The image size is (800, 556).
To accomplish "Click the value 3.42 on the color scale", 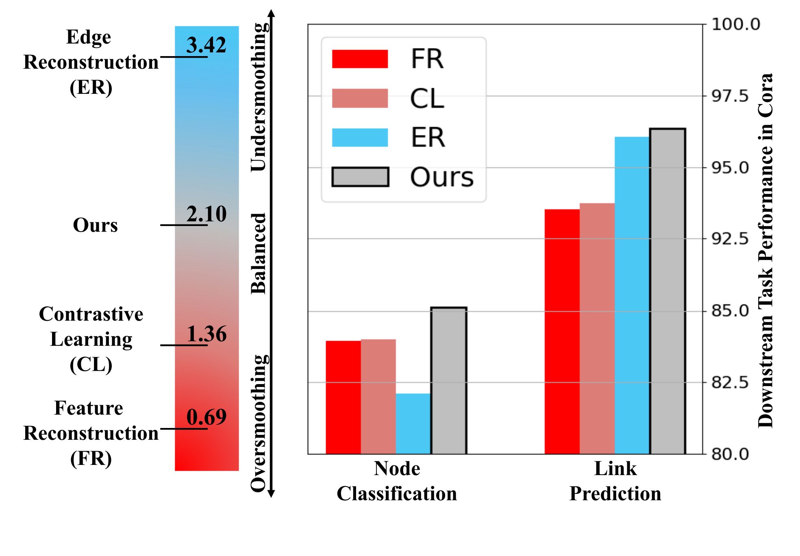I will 206,45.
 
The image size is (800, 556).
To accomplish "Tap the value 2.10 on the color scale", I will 206,214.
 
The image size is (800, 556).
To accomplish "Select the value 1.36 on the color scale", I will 206,334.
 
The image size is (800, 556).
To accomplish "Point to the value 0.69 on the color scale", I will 206,417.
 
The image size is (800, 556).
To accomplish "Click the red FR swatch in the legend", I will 360,59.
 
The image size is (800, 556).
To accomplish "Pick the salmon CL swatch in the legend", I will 360,98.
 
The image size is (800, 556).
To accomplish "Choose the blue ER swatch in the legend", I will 360,137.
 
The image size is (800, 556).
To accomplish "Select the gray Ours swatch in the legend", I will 360,177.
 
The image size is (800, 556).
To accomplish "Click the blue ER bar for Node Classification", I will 413,424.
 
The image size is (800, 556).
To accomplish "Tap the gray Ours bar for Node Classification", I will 448,380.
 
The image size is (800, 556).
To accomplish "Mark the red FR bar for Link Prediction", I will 562,331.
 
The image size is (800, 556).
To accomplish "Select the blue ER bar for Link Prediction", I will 632,295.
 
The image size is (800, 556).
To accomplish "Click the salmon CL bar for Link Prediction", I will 597,328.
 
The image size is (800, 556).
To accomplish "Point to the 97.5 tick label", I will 730,96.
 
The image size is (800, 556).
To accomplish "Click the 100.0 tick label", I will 735,24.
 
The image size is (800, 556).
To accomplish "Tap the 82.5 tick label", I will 730,382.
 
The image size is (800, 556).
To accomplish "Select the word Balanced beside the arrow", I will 259,253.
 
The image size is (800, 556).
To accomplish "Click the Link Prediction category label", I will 615,481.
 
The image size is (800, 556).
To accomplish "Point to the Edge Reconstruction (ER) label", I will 91,62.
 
